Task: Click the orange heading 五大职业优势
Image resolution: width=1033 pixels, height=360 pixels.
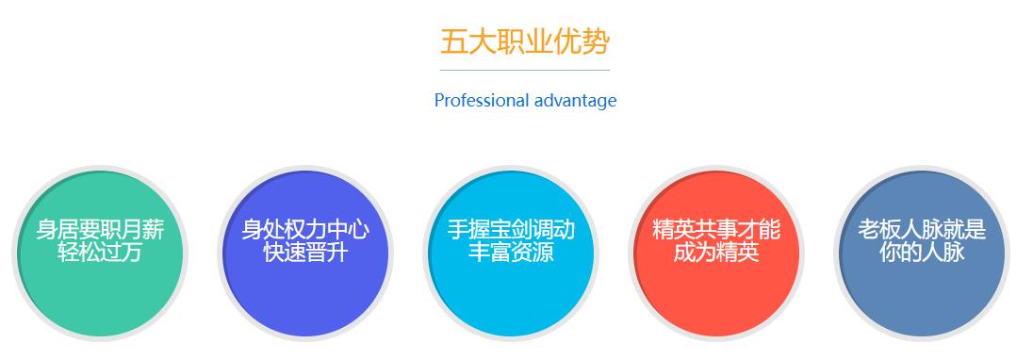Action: tap(525, 42)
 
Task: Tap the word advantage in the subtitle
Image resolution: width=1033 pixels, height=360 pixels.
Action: tap(575, 100)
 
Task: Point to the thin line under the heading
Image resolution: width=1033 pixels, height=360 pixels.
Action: tap(525, 70)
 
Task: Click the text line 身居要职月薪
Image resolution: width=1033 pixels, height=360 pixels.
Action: tap(101, 230)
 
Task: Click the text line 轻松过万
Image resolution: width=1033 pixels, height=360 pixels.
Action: tap(101, 252)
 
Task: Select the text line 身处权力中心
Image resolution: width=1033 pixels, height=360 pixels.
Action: tap(306, 230)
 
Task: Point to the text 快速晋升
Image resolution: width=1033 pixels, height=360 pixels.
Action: tap(306, 252)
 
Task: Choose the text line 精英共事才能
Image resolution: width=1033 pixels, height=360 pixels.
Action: tap(716, 230)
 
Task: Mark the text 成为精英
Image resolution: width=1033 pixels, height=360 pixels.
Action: tap(716, 252)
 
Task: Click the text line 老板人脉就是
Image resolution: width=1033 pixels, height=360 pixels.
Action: tap(922, 230)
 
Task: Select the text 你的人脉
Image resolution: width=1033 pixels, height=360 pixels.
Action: tap(922, 252)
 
